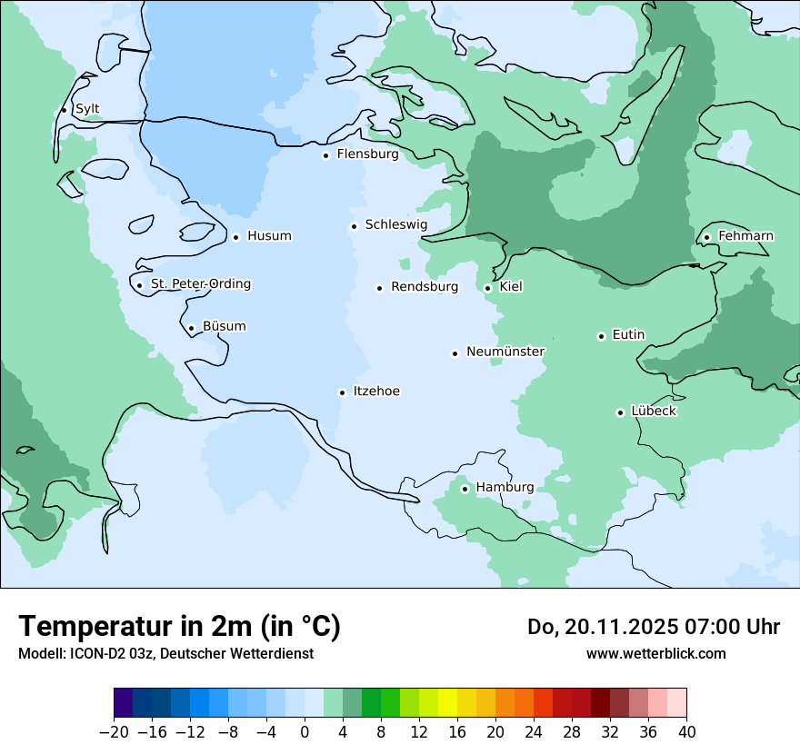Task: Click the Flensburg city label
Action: point(367,154)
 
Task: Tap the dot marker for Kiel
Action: point(488,288)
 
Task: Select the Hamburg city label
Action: point(505,488)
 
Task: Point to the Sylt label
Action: point(87,109)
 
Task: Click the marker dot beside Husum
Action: point(235,237)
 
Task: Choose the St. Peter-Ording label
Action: point(200,284)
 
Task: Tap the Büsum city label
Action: point(224,327)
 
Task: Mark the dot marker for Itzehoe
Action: point(342,392)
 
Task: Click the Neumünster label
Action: point(505,352)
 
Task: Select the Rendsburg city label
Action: point(425,287)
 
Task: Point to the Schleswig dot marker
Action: point(354,226)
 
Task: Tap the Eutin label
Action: point(628,335)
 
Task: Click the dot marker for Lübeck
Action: point(620,412)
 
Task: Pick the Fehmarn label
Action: point(745,236)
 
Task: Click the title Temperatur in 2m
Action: point(179,627)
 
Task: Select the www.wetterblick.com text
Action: point(655,654)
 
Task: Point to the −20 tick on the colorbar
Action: point(115,732)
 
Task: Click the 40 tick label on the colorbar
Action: point(686,732)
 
